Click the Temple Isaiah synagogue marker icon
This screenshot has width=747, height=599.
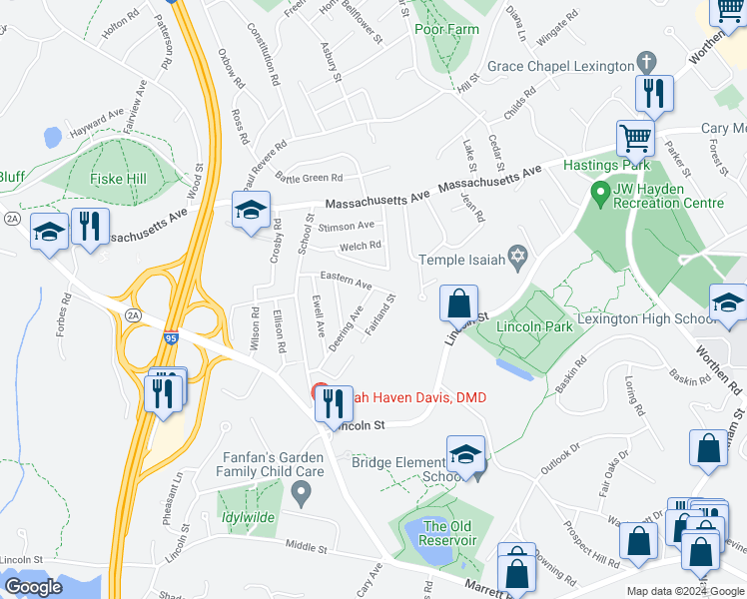click(x=517, y=260)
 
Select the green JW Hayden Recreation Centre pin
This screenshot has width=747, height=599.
click(x=600, y=190)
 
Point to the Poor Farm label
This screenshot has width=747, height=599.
click(x=446, y=29)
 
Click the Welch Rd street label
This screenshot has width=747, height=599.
click(x=361, y=246)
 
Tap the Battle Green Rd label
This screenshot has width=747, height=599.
click(x=309, y=178)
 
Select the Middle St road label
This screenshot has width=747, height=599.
click(x=306, y=546)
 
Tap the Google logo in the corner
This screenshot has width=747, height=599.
click(x=33, y=587)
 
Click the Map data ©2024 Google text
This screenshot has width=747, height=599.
click(x=684, y=591)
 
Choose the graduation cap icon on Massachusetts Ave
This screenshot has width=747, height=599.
click(x=252, y=208)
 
